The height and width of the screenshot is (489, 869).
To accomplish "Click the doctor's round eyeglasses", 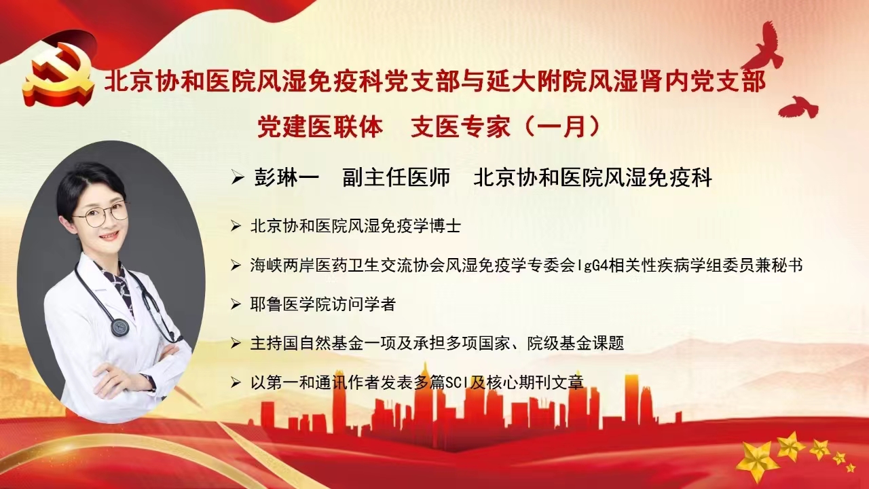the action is [102, 214].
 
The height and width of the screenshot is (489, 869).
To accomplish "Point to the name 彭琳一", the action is [286, 178].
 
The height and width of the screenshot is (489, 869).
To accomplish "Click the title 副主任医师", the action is [396, 178].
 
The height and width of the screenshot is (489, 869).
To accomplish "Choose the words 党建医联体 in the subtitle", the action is [320, 127].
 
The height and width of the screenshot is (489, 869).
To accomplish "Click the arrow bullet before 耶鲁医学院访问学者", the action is [236, 305].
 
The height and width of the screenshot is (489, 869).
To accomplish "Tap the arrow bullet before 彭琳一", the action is [238, 178].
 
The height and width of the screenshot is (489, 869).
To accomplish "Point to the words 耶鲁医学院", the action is [291, 305].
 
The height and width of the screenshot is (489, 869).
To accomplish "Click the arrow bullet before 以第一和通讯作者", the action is [236, 383].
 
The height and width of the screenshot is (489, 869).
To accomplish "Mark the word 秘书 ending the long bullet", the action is [787, 266].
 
